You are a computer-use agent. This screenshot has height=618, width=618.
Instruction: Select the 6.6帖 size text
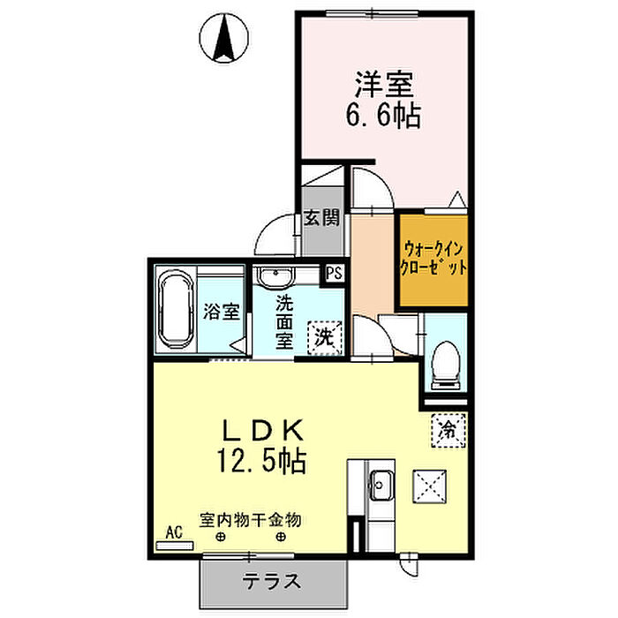(x=385, y=115)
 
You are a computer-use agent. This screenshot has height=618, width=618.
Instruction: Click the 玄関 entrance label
(x=322, y=218)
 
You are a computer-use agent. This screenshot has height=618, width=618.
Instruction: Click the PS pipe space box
(x=335, y=274)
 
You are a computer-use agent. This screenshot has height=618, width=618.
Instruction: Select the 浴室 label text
(x=222, y=312)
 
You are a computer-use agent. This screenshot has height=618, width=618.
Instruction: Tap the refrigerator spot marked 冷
(x=448, y=432)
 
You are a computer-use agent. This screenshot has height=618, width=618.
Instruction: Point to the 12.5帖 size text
(x=262, y=461)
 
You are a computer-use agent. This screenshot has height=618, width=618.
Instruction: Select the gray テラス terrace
(x=273, y=581)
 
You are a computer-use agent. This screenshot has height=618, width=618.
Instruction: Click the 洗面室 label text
(x=284, y=320)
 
